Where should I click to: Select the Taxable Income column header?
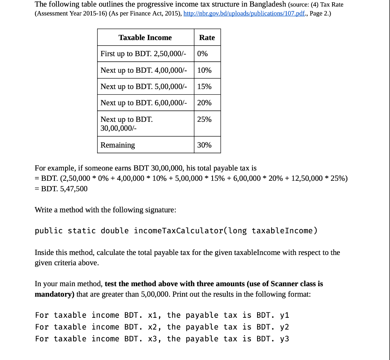tap(145, 37)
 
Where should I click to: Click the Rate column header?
tap(207, 37)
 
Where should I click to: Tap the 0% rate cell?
tap(203, 54)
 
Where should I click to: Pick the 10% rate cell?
tap(204, 70)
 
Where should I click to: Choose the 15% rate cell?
tap(204, 86)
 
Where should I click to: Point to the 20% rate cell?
tap(204, 103)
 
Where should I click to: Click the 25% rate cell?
tap(204, 119)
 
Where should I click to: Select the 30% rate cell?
tap(204, 145)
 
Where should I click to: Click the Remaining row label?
tap(118, 145)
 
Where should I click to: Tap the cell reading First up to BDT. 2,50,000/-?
tap(143, 54)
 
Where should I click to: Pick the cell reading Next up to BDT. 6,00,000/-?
tap(144, 103)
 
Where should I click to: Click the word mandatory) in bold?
tap(55, 294)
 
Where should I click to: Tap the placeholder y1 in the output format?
tap(285, 315)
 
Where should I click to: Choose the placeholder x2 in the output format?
tap(152, 327)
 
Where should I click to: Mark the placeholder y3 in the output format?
tap(285, 339)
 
